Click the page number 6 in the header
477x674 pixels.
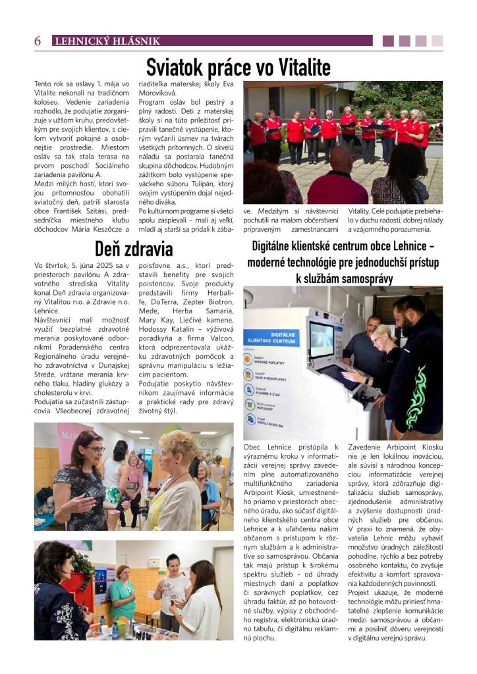[x=38, y=41]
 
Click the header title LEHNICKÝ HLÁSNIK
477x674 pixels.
[x=107, y=41]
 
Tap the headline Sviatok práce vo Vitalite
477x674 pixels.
[x=238, y=66]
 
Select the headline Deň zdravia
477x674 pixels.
[x=134, y=249]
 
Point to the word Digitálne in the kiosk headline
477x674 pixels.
[x=277, y=247]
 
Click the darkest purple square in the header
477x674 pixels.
[x=388, y=41]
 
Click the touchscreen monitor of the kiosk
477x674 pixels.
[x=322, y=340]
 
